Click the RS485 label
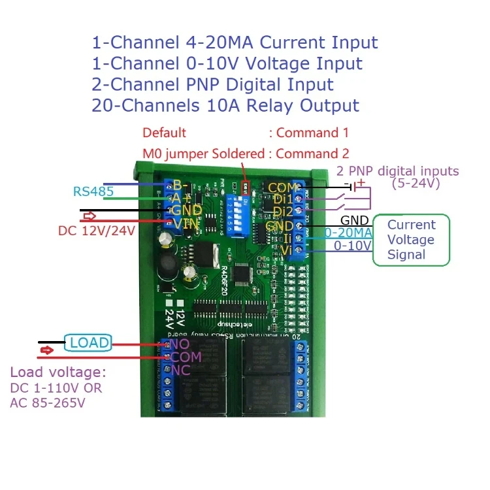tap(93, 191)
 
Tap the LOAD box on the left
tap(90, 342)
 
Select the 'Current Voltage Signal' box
tap(411, 240)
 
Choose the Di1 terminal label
tap(284, 199)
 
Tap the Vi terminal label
tap(286, 250)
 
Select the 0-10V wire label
tap(353, 246)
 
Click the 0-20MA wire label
tap(348, 233)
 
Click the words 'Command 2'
tap(312, 154)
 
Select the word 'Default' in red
tap(164, 133)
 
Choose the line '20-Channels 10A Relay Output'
tap(225, 105)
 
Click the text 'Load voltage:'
tap(57, 372)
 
